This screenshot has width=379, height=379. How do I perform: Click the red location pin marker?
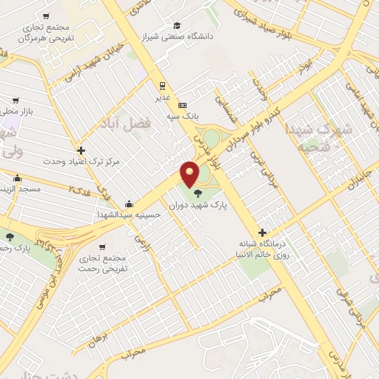pyautogui.click(x=190, y=174)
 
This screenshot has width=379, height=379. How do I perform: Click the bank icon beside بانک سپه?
pyautogui.click(x=182, y=104)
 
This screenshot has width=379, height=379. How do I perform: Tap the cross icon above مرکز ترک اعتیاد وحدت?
pyautogui.click(x=81, y=150)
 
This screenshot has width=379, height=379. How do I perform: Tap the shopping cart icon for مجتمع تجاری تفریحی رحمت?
pyautogui.click(x=103, y=247)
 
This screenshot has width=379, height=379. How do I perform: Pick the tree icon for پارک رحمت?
pyautogui.click(x=10, y=237)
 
